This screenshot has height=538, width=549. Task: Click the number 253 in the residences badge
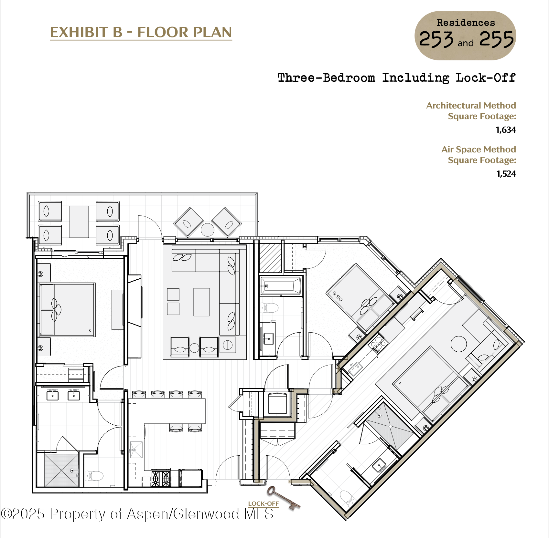(x=436, y=40)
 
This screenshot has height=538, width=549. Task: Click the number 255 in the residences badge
(x=496, y=39)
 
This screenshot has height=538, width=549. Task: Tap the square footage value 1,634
(x=506, y=130)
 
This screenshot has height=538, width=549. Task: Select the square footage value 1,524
(x=506, y=174)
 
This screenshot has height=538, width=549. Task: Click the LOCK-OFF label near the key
(x=263, y=503)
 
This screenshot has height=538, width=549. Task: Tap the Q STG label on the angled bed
(x=338, y=296)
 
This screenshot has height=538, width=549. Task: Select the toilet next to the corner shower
(x=94, y=475)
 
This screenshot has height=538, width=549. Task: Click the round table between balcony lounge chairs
(x=207, y=230)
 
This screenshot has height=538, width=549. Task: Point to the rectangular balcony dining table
(x=79, y=222)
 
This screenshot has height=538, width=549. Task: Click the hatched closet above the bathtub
(x=270, y=258)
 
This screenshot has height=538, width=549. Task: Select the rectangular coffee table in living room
(x=201, y=302)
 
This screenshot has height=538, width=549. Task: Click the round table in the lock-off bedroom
(x=458, y=344)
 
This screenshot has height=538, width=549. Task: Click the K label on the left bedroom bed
(x=90, y=330)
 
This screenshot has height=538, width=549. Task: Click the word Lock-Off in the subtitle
(x=485, y=78)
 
